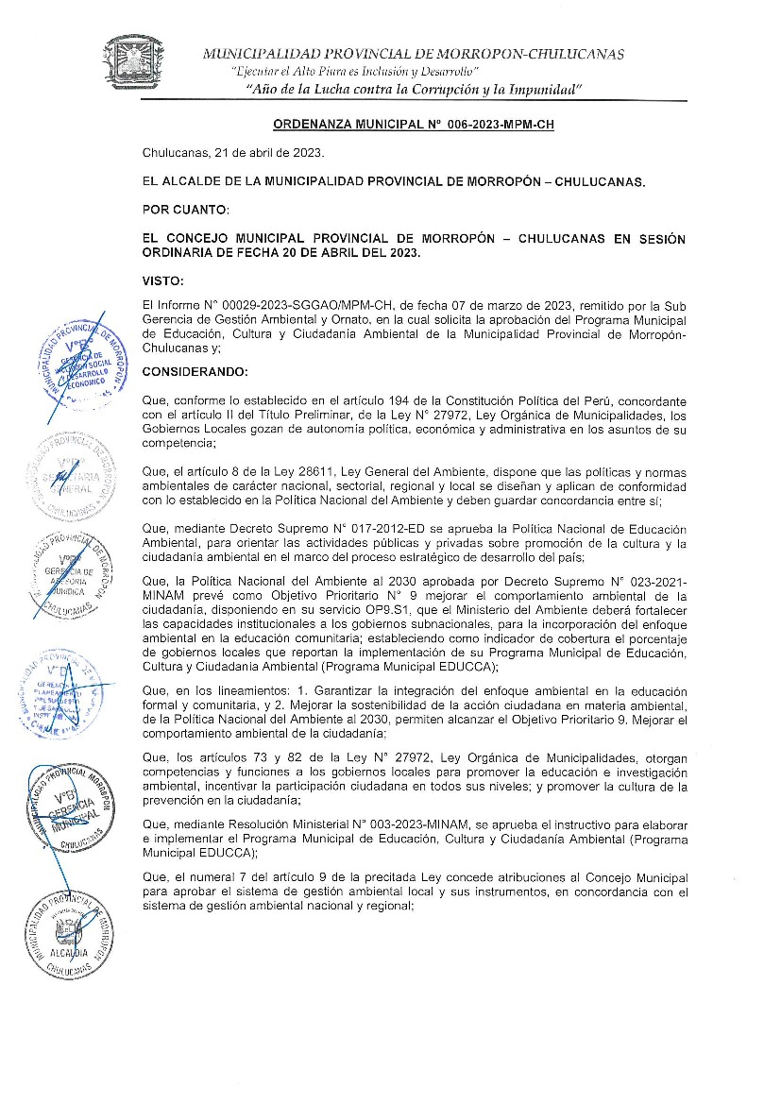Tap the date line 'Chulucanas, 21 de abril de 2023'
point(233,153)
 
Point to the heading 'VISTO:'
point(163,280)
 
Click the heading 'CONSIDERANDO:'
point(195,371)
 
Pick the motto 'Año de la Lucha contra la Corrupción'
point(413,90)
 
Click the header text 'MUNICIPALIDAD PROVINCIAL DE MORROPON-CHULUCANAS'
point(413,54)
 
